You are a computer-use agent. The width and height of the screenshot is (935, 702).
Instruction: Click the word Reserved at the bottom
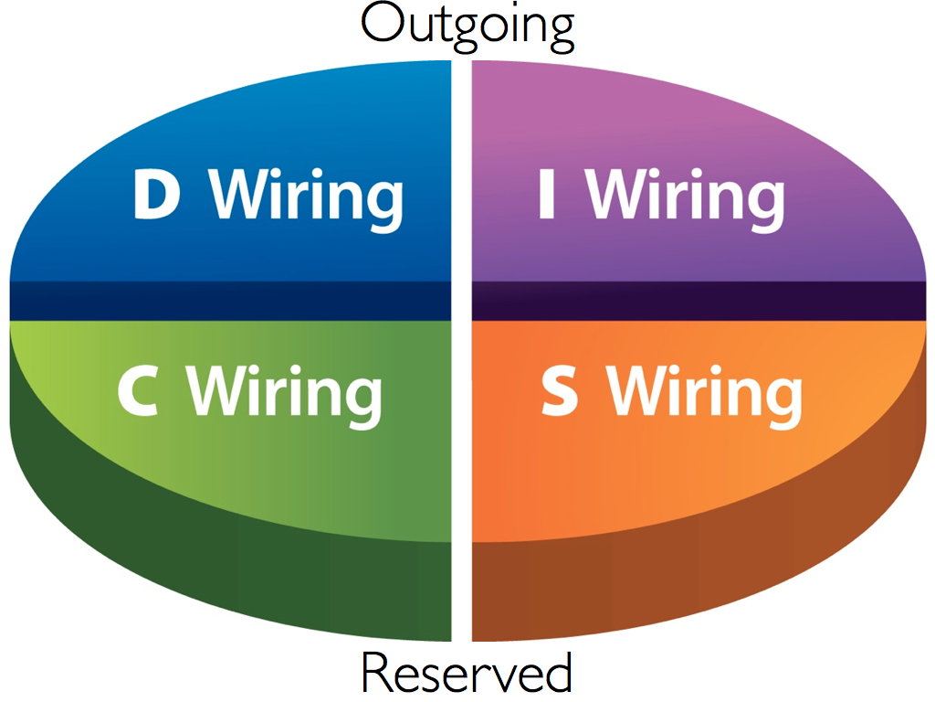[467, 673]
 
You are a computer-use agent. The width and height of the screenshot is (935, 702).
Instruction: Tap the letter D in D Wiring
[156, 196]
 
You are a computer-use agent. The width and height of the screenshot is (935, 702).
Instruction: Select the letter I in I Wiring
[547, 196]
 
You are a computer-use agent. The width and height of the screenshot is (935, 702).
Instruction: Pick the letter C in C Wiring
[139, 390]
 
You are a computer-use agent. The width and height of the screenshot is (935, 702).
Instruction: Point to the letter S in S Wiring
[560, 390]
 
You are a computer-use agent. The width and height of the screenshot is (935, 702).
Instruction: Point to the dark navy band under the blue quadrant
[228, 301]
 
